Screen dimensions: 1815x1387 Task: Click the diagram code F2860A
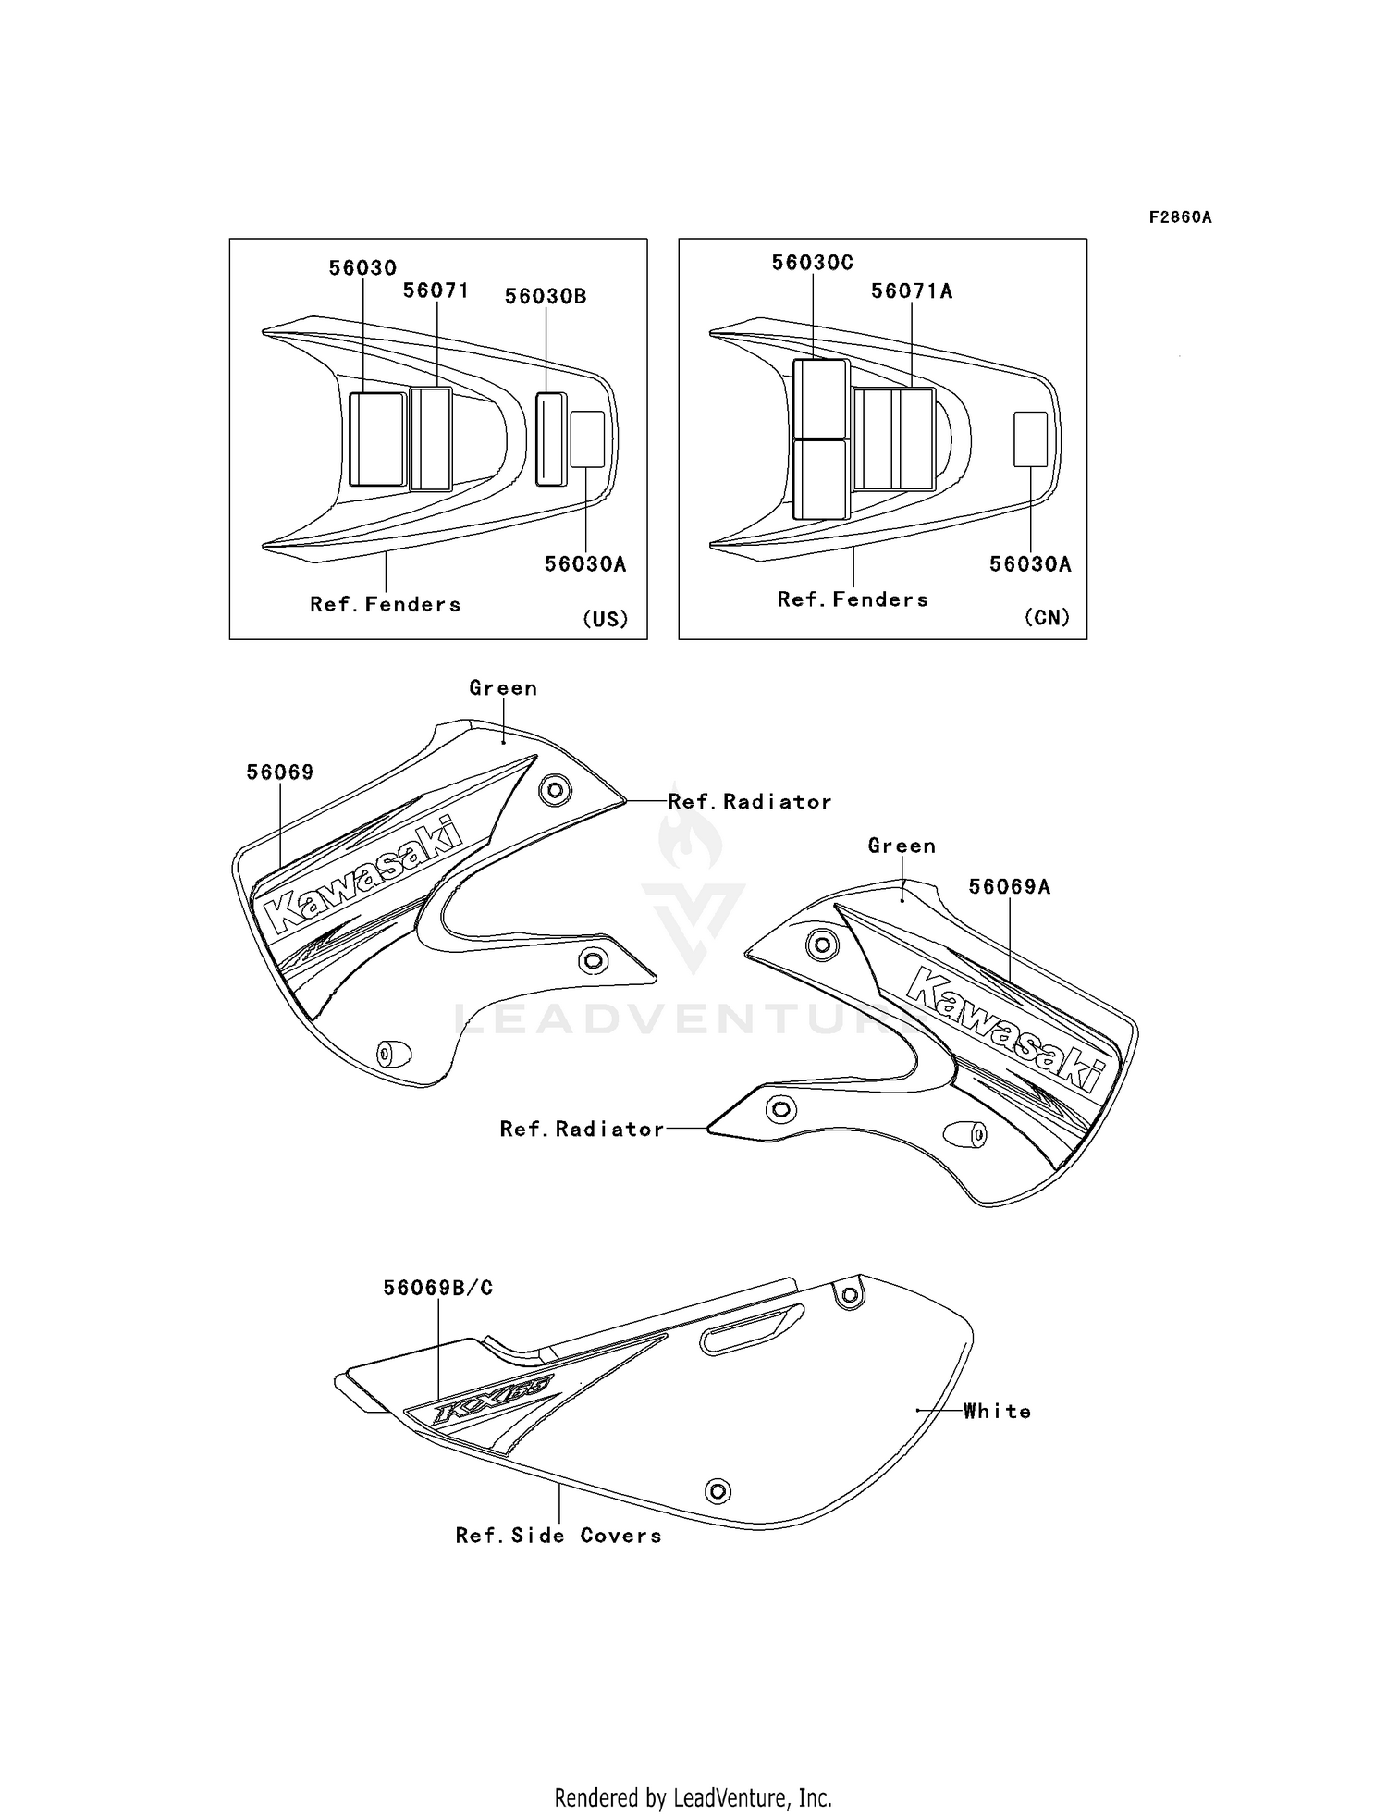tap(1180, 217)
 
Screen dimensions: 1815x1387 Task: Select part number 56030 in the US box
tap(362, 267)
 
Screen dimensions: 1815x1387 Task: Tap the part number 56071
tap(436, 290)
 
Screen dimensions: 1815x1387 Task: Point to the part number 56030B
tap(546, 296)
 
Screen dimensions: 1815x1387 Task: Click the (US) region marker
tap(605, 619)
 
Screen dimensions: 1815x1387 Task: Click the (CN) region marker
tap(1047, 617)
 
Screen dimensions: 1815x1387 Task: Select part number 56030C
tap(813, 263)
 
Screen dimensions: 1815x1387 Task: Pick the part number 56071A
tap(912, 290)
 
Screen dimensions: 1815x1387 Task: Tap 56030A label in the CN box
tap(1030, 563)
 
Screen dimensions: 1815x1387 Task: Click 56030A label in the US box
tap(585, 563)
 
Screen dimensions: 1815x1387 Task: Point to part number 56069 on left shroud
tap(279, 772)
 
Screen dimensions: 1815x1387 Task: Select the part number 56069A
tap(1009, 886)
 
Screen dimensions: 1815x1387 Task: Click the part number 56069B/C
tap(438, 1287)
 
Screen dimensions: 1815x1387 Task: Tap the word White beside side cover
tap(997, 1411)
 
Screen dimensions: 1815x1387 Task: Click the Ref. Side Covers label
tap(558, 1536)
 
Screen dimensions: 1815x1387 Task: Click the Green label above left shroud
tap(503, 687)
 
